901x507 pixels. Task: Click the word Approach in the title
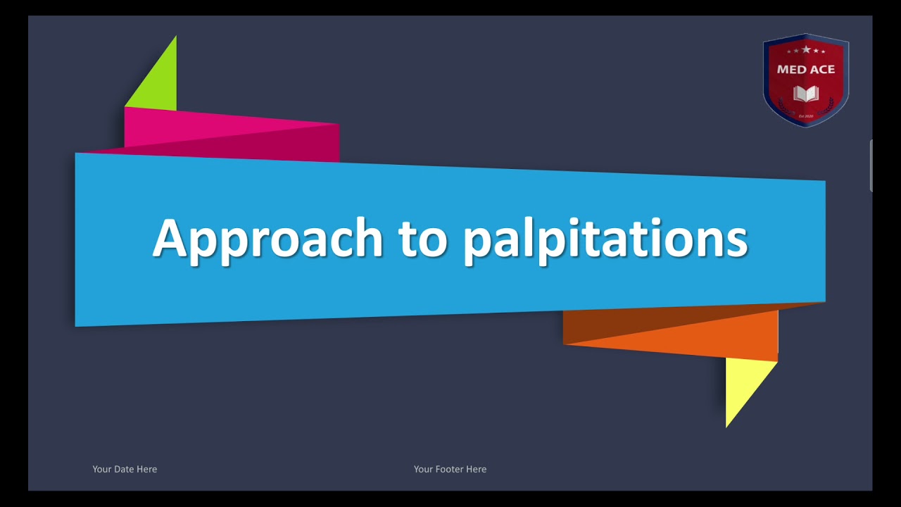tap(267, 238)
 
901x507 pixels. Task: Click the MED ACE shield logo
tap(806, 80)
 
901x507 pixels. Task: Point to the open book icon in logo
tap(806, 93)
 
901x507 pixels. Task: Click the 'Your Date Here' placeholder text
tap(125, 469)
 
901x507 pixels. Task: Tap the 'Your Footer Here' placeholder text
tap(450, 469)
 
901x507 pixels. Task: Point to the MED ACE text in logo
tap(806, 69)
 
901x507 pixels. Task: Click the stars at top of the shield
tap(806, 50)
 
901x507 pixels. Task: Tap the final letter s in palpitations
tap(735, 241)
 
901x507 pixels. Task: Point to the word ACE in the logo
tap(821, 69)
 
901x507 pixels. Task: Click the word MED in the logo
tap(790, 69)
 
